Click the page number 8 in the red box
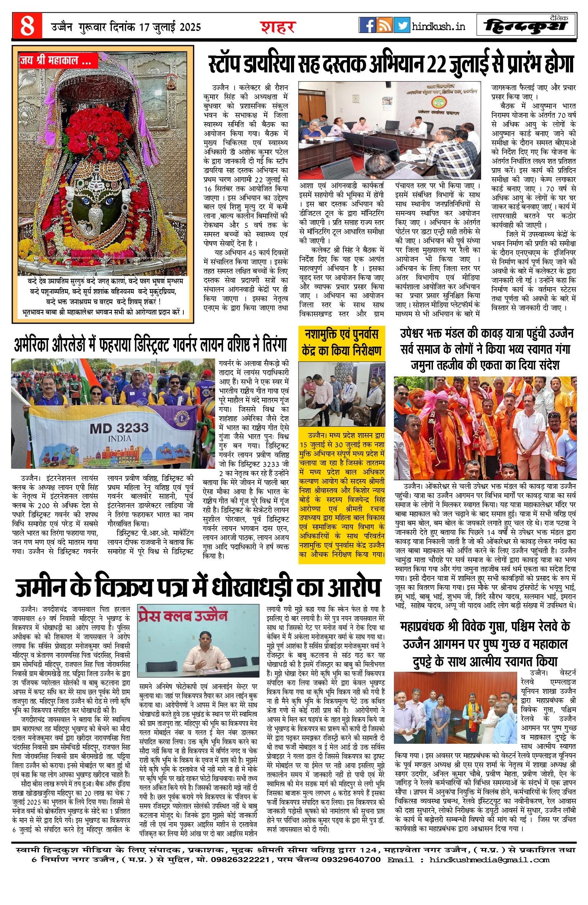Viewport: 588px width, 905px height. tap(27, 26)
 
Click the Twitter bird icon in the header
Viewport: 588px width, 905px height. tap(401, 25)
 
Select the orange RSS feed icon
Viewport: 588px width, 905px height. tap(384, 25)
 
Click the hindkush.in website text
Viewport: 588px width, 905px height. tap(438, 26)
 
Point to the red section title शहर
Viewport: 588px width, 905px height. tap(278, 27)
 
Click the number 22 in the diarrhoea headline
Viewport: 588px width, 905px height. tap(437, 64)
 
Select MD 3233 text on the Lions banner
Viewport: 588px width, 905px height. tap(119, 427)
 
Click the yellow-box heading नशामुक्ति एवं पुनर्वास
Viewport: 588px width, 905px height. tap(341, 334)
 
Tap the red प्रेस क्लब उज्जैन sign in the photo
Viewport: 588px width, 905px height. tap(183, 617)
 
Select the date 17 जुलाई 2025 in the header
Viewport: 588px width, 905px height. tap(170, 27)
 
